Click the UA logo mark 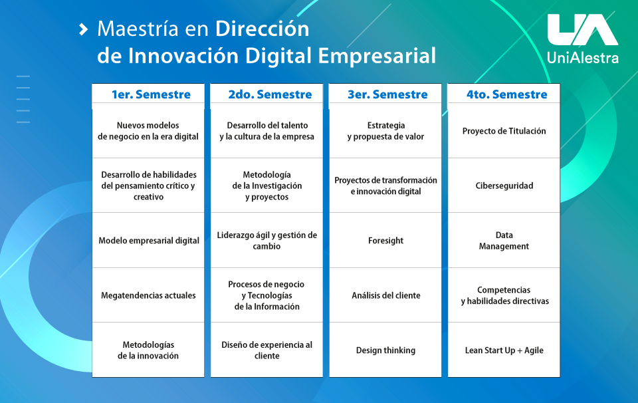(x=583, y=30)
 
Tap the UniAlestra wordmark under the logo (x=583, y=57)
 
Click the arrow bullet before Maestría (x=84, y=29)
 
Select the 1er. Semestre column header (x=151, y=94)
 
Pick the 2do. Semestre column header (x=270, y=94)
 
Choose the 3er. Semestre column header (x=387, y=94)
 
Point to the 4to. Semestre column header (x=506, y=94)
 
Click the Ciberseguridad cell (x=504, y=186)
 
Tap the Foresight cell (x=385, y=241)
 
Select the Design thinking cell (x=385, y=350)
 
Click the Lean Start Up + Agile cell (x=504, y=350)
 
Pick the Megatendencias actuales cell (x=148, y=295)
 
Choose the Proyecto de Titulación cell (x=504, y=130)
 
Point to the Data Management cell (x=504, y=241)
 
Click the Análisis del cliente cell (x=385, y=295)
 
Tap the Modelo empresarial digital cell (x=148, y=241)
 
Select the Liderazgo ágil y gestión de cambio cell (x=266, y=241)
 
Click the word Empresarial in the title (x=377, y=56)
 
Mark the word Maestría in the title (x=138, y=29)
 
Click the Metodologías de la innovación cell (x=148, y=350)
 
